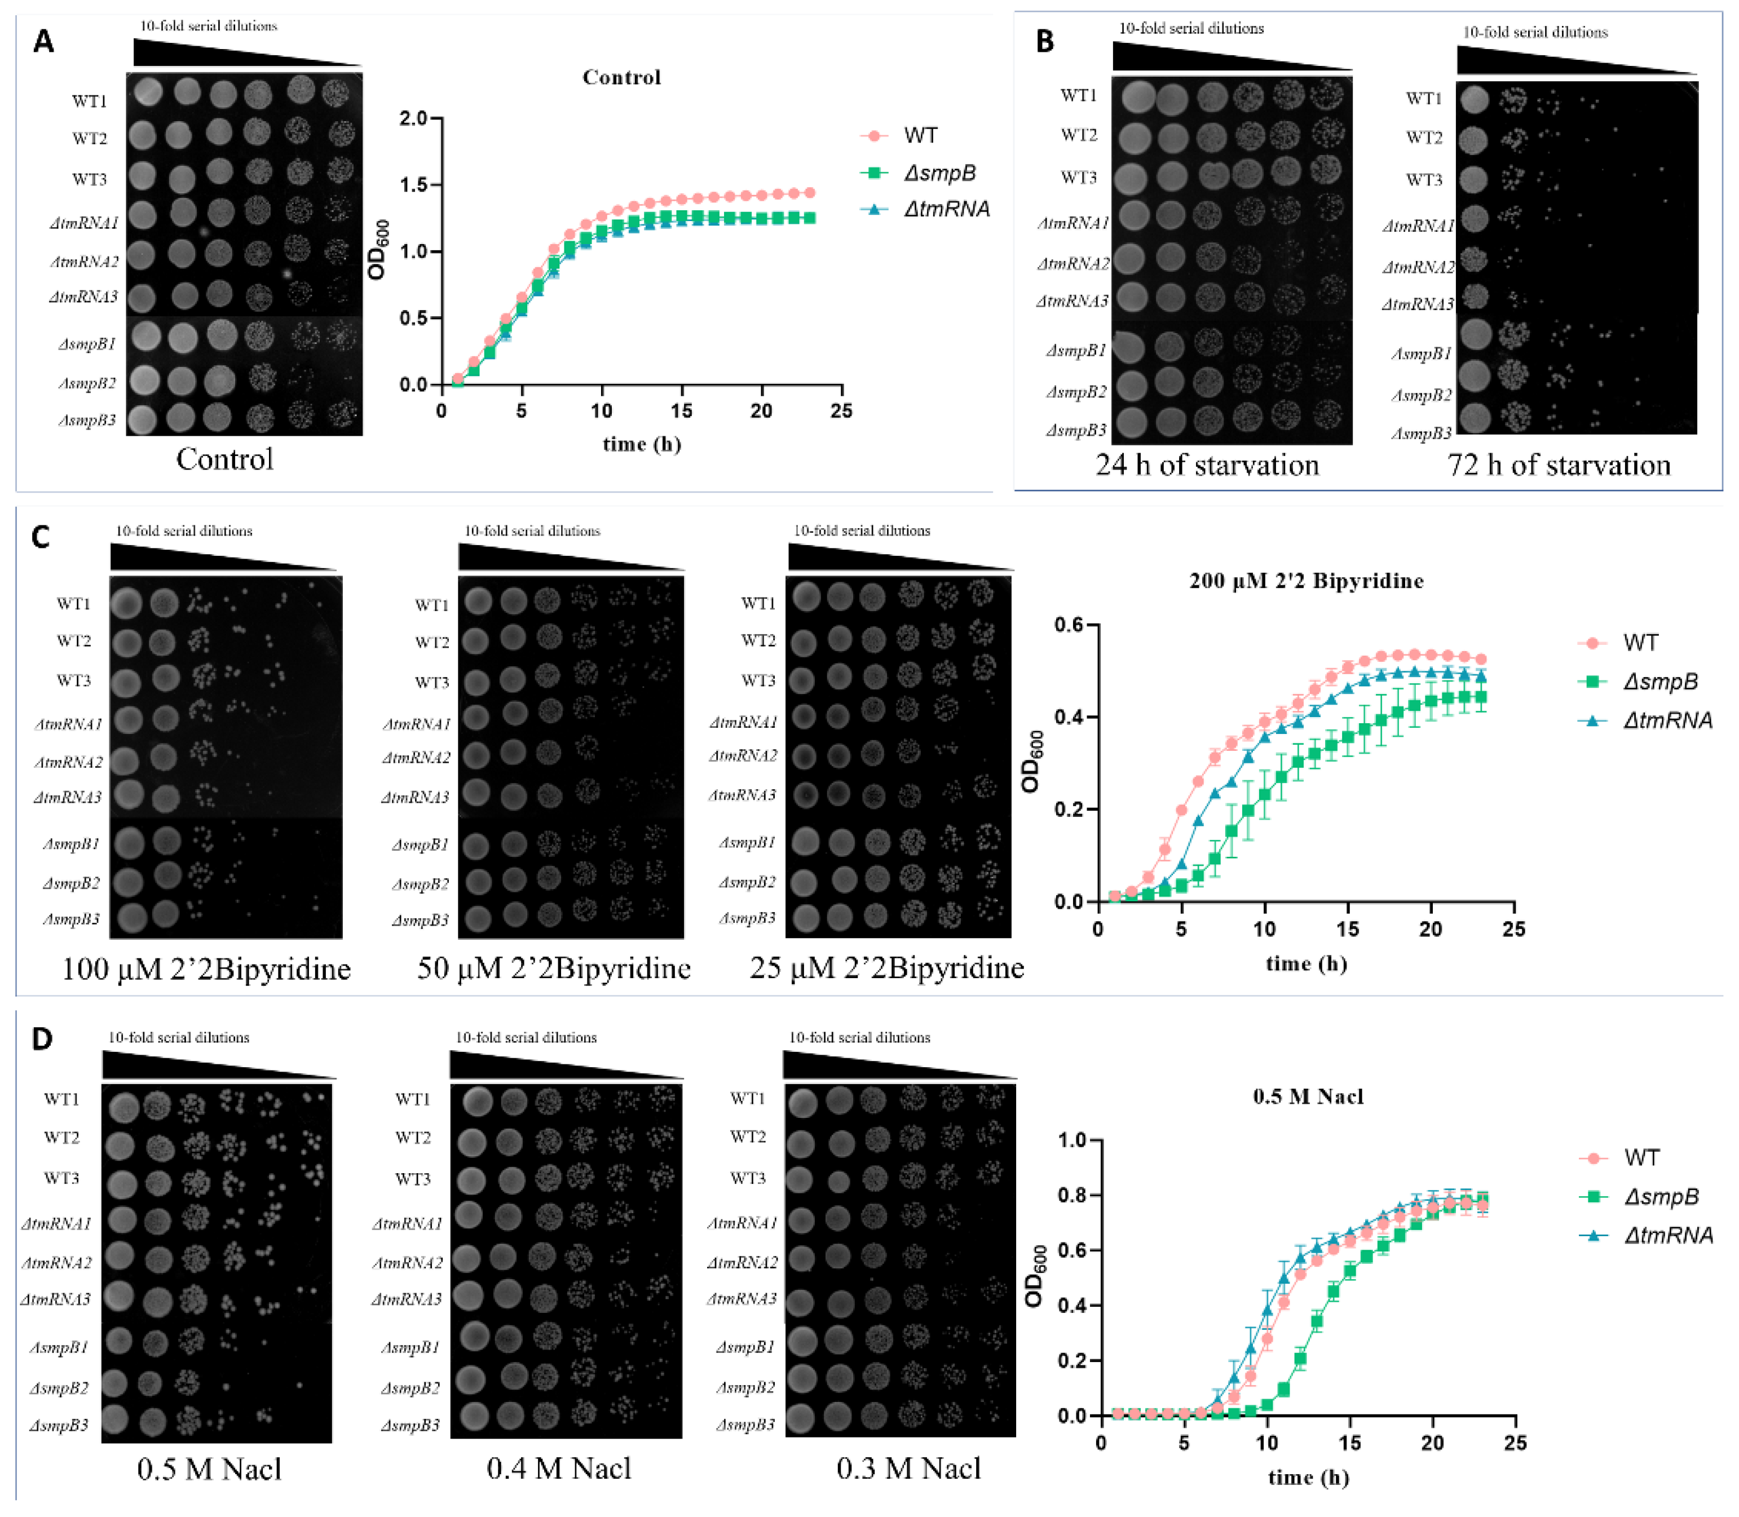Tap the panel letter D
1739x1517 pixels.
pyautogui.click(x=42, y=1039)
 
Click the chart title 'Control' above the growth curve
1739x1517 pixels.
pyautogui.click(x=621, y=77)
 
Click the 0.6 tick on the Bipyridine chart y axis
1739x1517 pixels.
pyautogui.click(x=1069, y=625)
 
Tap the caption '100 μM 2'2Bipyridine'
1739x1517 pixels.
pyautogui.click(x=206, y=968)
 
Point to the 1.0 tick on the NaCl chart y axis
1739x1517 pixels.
pyautogui.click(x=1072, y=1140)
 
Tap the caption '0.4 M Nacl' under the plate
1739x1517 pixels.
pyautogui.click(x=559, y=1468)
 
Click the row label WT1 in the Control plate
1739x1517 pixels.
pyautogui.click(x=89, y=101)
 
